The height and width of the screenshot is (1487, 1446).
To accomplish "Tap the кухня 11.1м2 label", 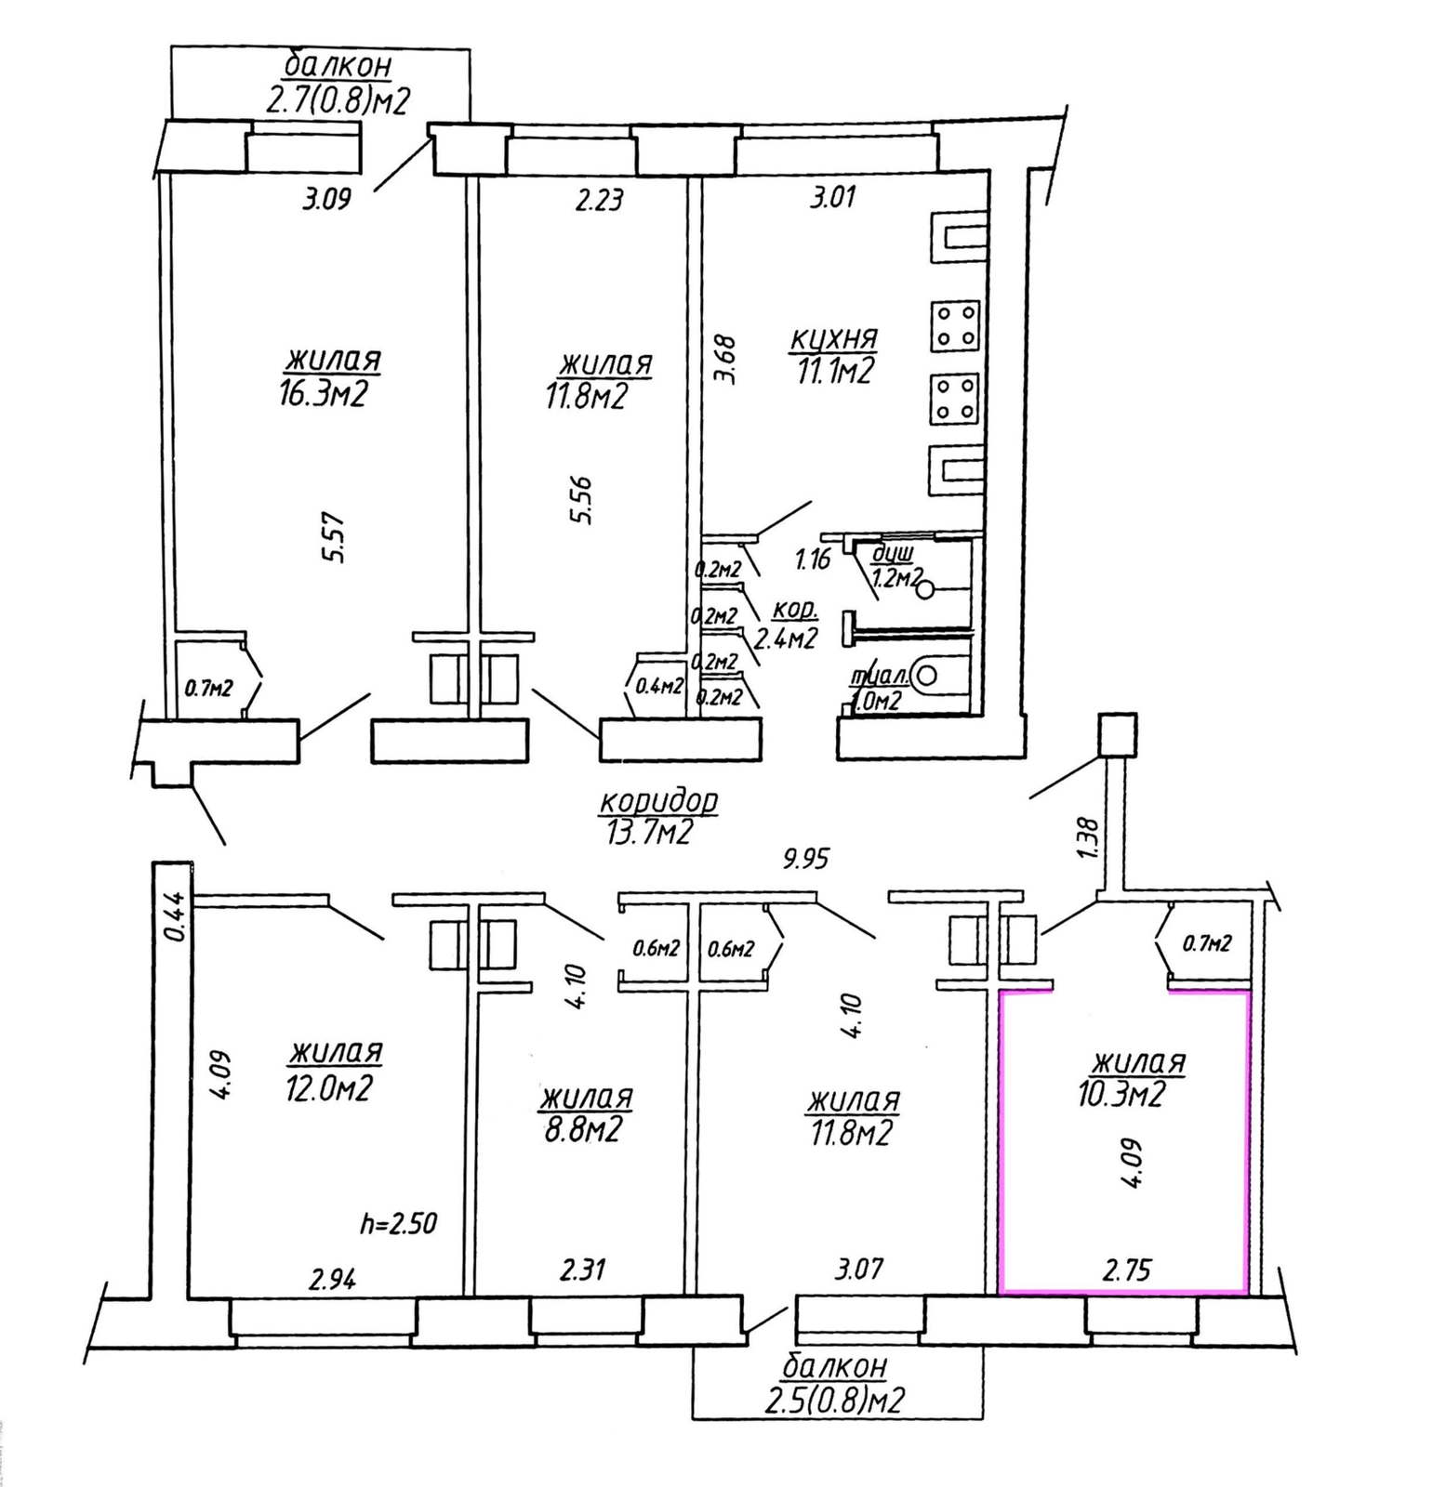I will coord(834,356).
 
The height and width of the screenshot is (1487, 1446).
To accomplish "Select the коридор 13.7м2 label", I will coord(658,816).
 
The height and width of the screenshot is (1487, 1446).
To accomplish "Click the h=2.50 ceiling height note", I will coord(398,1223).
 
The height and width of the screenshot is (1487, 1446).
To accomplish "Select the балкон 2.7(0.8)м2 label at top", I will coord(338,84).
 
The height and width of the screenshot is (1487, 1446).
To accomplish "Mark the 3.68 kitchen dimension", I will coord(727,360).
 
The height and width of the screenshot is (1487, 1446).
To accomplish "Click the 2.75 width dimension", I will coord(1126,1270).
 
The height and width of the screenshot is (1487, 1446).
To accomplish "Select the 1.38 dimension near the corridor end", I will coord(1087,837).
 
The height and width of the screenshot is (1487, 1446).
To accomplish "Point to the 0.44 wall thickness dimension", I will coord(174,916).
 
